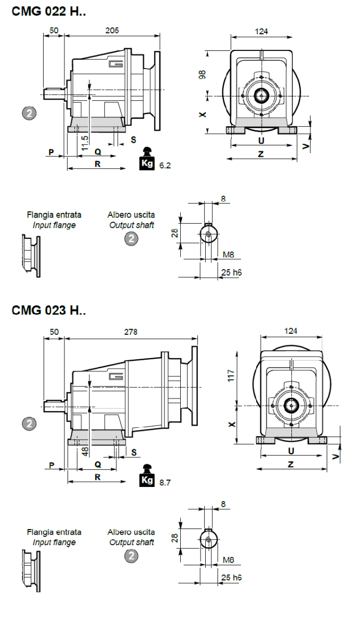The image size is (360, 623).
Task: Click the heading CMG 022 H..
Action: pos(48,11)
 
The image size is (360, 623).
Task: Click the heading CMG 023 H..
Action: pos(48,310)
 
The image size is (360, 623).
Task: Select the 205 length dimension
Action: pos(112,31)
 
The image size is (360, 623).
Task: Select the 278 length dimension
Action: pos(131,332)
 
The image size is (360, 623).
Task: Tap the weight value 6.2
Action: pos(165,166)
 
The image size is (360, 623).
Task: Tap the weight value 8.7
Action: pos(165,482)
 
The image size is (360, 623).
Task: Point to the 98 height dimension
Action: pos(203,74)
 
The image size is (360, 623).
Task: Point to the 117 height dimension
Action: pos(232,375)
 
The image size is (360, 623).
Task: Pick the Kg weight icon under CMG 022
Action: pos(148,159)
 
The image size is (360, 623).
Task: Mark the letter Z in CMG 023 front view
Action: pos(291,464)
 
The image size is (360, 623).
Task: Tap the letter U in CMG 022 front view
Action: pos(261,141)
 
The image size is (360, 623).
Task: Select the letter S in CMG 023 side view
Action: pos(134,452)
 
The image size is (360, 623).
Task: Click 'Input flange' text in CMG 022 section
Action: pos(54,225)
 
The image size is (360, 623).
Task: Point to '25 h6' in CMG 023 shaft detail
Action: pos(231,577)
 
